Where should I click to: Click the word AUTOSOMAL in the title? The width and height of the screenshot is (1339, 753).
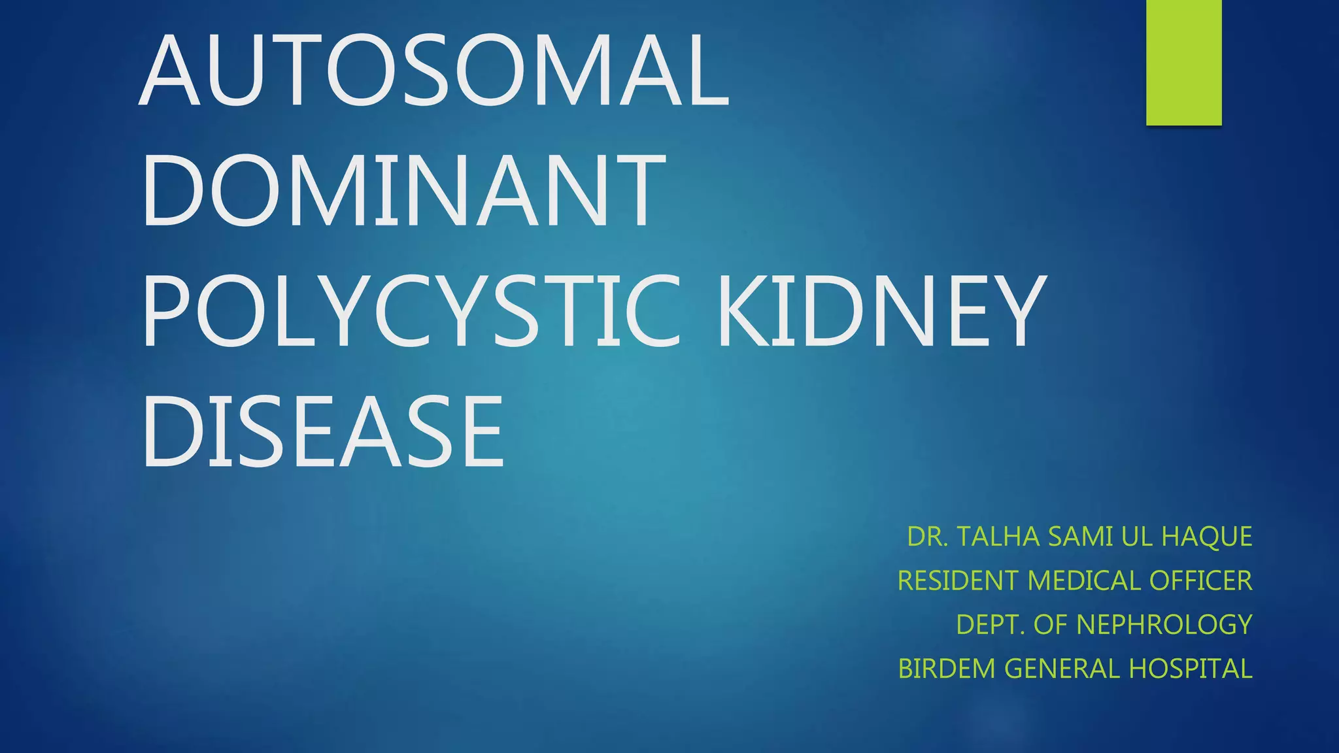point(433,70)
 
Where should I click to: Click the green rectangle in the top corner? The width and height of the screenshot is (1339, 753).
point(1183,62)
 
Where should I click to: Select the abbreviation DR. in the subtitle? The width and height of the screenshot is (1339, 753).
point(928,537)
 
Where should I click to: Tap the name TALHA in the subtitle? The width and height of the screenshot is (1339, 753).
point(998,537)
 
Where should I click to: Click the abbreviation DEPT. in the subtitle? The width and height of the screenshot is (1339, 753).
point(991,625)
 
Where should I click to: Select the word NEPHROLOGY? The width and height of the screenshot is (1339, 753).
point(1164,625)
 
